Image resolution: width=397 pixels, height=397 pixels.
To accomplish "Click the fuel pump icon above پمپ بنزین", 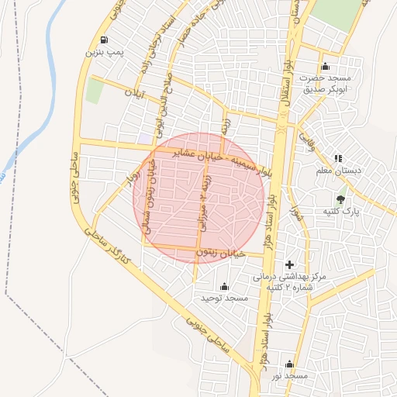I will click(104, 40).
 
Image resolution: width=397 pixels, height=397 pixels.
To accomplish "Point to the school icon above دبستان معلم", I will click(337, 158).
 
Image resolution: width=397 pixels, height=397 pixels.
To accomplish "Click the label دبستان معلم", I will click(336, 171).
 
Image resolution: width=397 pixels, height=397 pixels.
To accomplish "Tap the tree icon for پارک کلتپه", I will click(341, 198).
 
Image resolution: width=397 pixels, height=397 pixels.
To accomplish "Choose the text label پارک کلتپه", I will click(341, 211).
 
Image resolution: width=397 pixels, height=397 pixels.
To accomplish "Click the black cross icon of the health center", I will click(290, 265).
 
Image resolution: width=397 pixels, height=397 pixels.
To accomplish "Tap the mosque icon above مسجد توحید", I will click(224, 286).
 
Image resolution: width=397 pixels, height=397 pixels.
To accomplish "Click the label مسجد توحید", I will click(224, 298).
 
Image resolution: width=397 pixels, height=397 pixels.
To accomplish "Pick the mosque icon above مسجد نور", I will click(290, 364).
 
